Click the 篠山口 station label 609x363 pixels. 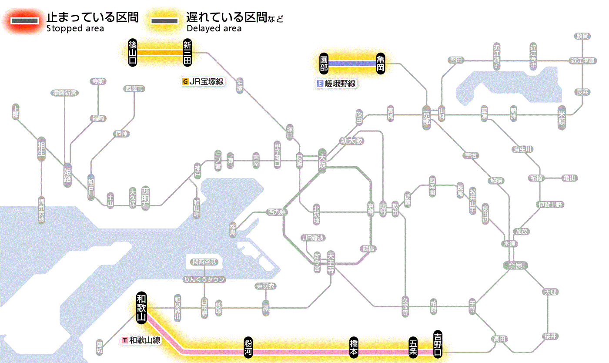coord(133,52)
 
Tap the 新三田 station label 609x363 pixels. coord(187,52)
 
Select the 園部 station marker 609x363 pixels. coord(324,64)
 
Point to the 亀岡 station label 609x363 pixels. coord(381,64)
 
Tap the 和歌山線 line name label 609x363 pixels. coord(142,340)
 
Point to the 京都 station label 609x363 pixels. coord(426,118)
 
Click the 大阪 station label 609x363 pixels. coord(322,161)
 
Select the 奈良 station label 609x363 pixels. coord(515,265)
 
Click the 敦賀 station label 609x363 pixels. coord(582,36)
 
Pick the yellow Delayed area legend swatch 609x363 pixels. coord(164,21)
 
